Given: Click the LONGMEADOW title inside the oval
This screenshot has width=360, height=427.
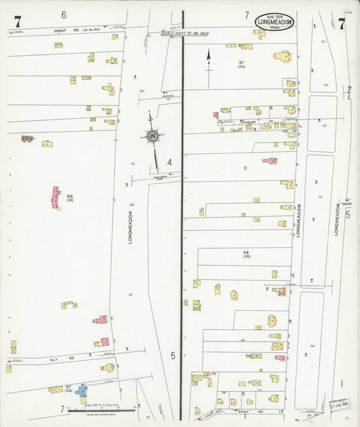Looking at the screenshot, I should (x=274, y=22).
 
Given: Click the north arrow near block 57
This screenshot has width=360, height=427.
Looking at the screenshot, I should (x=208, y=61).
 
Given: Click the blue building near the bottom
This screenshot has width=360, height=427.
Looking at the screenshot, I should (x=82, y=391).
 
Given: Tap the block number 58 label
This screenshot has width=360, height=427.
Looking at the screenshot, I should (x=247, y=253).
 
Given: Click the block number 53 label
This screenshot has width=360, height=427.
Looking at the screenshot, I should (x=70, y=197).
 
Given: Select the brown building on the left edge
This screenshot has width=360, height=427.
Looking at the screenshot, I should (x=27, y=139).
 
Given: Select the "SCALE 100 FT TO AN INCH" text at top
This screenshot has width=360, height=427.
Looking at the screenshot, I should (x=185, y=32).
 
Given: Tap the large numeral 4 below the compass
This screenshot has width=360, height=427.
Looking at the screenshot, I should (x=170, y=161).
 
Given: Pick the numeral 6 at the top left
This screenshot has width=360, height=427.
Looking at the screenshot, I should (x=63, y=14).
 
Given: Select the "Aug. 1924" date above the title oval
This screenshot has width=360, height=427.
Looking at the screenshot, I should (x=274, y=14).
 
